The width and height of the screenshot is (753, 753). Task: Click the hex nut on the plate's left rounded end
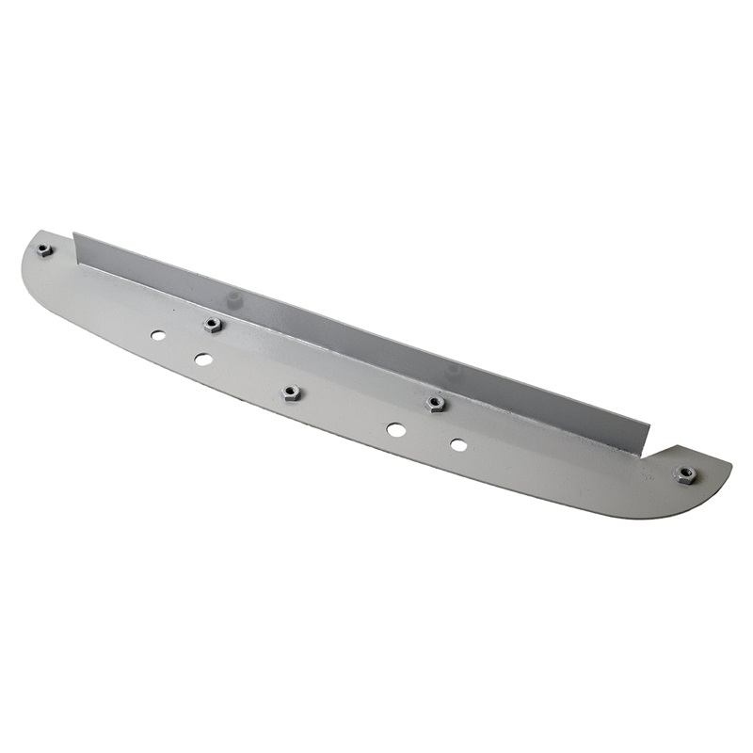pos(43,249)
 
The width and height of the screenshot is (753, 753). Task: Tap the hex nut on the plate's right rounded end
pos(686,474)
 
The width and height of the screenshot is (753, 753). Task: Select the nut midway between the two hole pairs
pos(291,393)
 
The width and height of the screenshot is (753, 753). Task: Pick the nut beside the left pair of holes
pos(213,325)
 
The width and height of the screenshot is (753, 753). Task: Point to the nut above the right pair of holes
pos(435,404)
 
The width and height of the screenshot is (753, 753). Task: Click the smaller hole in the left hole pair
pos(158,335)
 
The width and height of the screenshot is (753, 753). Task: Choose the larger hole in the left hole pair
pos(202,359)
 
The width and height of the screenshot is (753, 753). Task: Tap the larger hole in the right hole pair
pos(396,429)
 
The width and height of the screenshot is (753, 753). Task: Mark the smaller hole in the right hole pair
pos(458,444)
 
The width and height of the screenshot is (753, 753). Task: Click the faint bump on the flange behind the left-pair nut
pos(233,298)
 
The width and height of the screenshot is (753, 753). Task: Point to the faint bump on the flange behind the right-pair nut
pos(455,370)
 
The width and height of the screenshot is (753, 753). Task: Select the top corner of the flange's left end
pos(75,233)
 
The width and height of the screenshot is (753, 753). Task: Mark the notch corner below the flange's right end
pos(643,457)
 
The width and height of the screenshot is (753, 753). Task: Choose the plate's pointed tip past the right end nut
pos(729,463)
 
